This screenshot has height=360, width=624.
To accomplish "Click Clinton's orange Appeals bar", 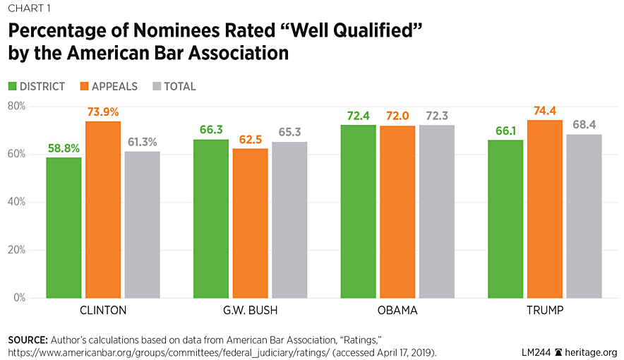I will [x=103, y=210].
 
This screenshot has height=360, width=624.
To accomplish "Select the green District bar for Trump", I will [x=505, y=219].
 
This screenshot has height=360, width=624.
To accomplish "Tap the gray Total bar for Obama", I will [x=436, y=212].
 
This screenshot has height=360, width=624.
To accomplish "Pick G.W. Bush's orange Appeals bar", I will [x=250, y=223].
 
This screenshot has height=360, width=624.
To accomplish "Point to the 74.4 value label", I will [x=544, y=111].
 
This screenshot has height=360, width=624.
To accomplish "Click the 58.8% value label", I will [x=64, y=148].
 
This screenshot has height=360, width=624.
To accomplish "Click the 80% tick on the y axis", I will [x=16, y=106].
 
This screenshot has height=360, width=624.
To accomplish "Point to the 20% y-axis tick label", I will [x=16, y=250].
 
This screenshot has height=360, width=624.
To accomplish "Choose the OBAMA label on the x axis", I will [x=397, y=311].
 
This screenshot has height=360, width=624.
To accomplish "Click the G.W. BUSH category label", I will [x=250, y=311].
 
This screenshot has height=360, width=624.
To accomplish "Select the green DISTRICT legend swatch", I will [x=13, y=87].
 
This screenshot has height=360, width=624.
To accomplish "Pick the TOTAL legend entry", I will [x=179, y=87].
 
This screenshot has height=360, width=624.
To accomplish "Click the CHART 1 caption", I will [x=29, y=8].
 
